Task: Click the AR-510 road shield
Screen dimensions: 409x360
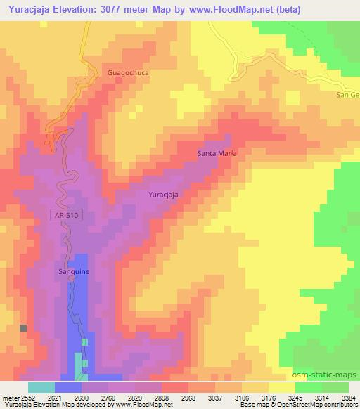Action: [67, 216]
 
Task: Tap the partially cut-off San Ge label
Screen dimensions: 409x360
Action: [348, 94]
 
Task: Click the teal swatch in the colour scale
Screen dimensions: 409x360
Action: [41, 387]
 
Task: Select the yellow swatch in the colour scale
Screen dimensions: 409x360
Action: [282, 387]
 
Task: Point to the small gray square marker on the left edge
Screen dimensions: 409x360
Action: [23, 328]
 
